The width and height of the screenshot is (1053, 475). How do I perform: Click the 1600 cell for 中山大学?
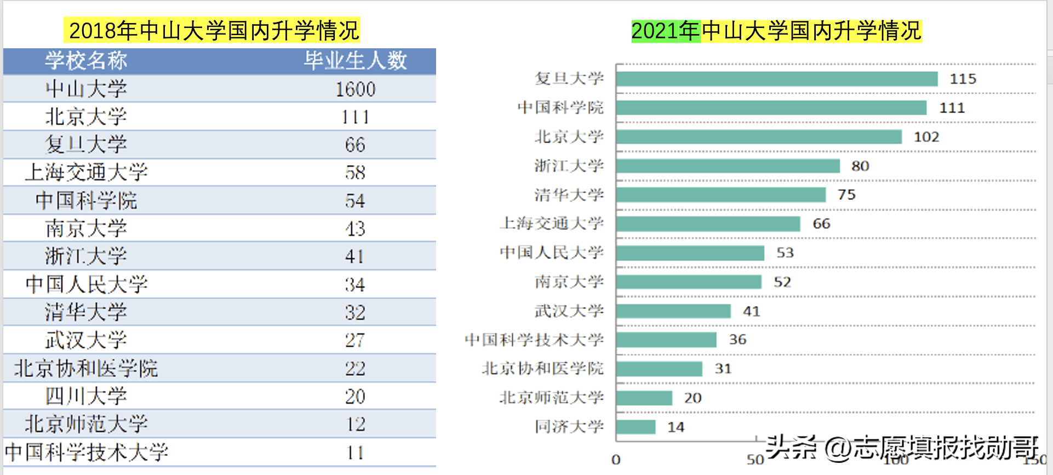(356, 89)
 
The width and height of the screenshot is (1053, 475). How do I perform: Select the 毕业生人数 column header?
(356, 60)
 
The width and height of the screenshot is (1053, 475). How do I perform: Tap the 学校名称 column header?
(86, 60)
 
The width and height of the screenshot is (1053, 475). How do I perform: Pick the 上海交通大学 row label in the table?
(86, 172)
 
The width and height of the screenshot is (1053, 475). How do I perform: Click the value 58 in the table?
(355, 173)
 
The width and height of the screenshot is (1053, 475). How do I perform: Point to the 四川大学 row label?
(86, 396)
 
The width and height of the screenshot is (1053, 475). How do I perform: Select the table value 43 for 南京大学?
(355, 229)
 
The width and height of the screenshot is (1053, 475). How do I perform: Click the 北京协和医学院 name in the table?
(86, 368)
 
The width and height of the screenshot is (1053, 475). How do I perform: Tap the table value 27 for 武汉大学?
(355, 340)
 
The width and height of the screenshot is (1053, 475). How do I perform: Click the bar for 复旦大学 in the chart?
(776, 79)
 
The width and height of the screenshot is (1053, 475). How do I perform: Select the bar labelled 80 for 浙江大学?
(728, 166)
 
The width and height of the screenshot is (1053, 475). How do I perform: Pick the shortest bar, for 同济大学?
(636, 427)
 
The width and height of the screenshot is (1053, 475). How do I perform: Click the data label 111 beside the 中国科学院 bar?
(952, 108)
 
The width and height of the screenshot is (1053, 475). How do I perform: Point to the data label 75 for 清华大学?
(846, 195)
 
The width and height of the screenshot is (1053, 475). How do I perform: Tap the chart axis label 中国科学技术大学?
(534, 340)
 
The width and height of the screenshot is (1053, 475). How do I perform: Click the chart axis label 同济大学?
(569, 427)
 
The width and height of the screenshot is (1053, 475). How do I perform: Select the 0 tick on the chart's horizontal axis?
(616, 460)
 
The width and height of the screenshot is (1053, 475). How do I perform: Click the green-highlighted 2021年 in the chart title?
(666, 31)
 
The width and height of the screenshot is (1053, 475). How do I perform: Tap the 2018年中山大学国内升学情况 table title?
(214, 31)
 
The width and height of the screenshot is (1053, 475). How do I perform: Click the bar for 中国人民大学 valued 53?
(690, 253)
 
